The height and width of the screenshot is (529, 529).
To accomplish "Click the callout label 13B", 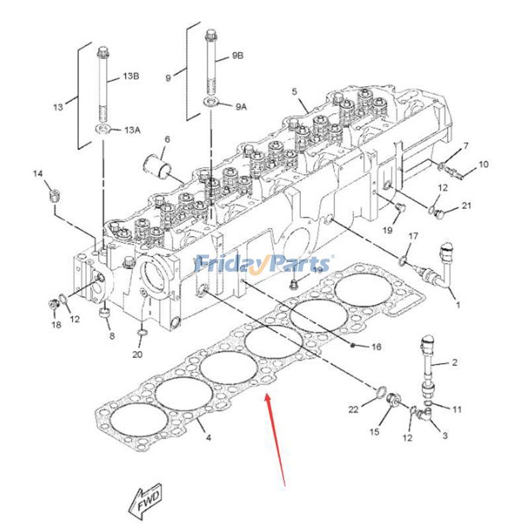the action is coord(131,76).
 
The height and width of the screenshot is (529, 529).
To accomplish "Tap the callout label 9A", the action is coord(241,107).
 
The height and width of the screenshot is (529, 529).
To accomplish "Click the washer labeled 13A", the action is coord(102,128).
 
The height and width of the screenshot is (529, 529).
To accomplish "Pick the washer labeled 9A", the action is coord(210,101).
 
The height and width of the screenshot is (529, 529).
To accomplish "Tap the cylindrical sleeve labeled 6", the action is coord(155,165).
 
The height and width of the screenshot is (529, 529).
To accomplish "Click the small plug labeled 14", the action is coord(54,196).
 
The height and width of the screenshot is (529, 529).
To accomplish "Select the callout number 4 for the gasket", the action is coord(208,438).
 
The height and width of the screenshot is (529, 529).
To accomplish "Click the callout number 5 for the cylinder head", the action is coord(294,91).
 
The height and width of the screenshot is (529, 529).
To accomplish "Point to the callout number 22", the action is coord(353,409).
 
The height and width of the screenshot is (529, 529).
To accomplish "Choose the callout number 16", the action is coord(376,346).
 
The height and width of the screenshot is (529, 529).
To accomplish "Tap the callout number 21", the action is coord(466,205).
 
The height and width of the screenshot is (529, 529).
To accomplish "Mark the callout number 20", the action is coord(138,354).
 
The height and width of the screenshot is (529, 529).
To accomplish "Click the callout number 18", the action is coord(56,325).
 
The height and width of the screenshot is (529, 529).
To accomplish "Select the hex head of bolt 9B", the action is coord(210,35).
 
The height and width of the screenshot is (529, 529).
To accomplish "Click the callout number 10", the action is coord(483,164).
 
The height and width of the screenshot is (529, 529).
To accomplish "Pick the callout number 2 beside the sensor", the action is coord(454,362).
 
